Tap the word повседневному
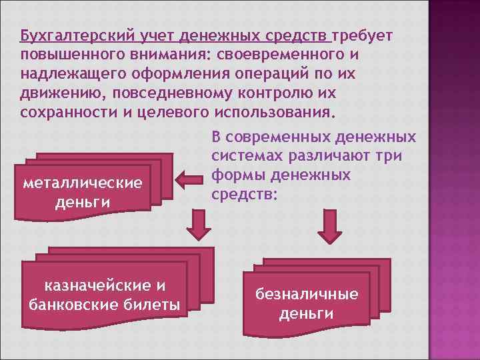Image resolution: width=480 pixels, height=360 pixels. pyautogui.click(x=169, y=91)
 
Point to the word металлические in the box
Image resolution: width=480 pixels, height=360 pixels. pyautogui.click(x=83, y=183)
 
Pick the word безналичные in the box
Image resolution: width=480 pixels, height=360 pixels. pyautogui.click(x=306, y=294)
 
